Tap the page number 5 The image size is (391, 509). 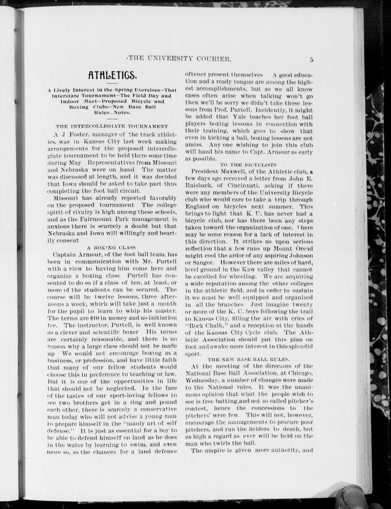click(312, 59)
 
